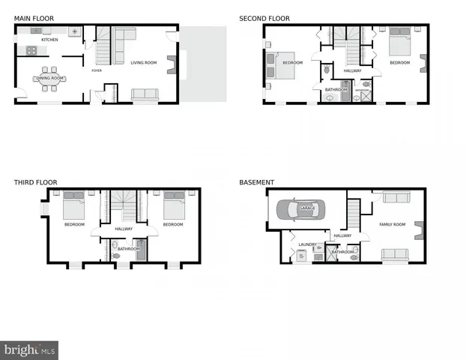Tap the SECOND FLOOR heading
(x=264, y=17)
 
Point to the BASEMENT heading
(x=256, y=182)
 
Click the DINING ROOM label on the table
(x=49, y=78)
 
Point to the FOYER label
(x=97, y=70)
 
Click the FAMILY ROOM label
(x=392, y=224)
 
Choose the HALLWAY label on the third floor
(x=124, y=229)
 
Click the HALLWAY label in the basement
(x=342, y=235)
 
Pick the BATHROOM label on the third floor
(x=129, y=248)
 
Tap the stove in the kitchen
(x=31, y=51)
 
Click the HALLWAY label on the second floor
(x=352, y=70)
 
